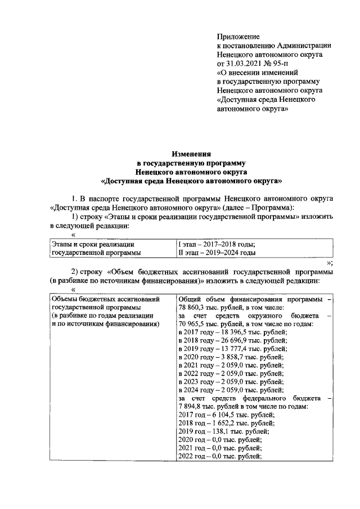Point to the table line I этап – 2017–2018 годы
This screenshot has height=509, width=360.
(217, 244)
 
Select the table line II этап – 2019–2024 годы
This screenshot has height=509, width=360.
(217, 253)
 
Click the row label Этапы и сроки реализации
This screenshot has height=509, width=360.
(93, 244)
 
